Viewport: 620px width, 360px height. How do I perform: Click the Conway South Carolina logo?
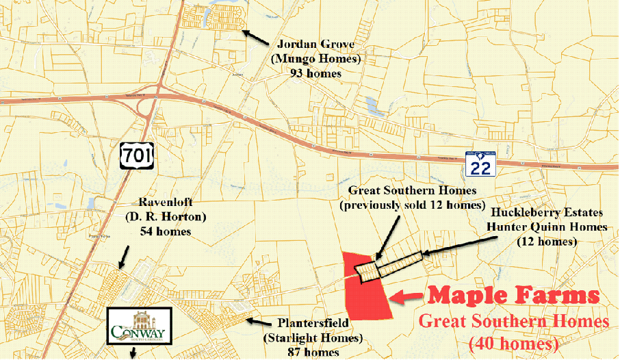(141, 326)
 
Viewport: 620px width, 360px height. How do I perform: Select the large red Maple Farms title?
(513, 296)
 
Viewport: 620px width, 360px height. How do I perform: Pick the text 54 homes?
(164, 231)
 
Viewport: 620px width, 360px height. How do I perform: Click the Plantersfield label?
(313, 322)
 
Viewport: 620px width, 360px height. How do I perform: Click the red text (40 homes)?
(513, 342)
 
